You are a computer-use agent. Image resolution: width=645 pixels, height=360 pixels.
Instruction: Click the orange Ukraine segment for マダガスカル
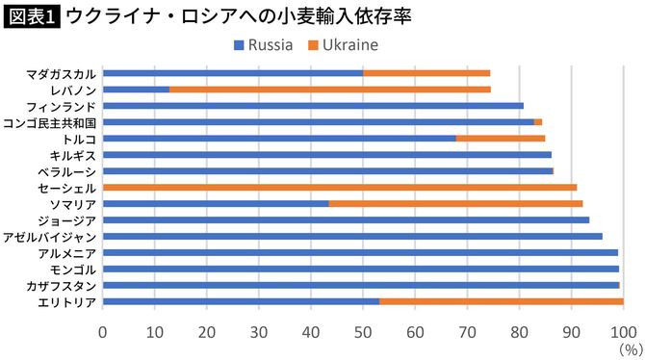point(426,72)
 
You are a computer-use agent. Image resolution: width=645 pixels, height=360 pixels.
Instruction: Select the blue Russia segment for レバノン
point(136,89)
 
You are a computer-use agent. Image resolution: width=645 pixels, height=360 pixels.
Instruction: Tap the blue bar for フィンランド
point(313,105)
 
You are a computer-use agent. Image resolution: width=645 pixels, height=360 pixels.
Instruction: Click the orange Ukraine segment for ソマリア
point(455,203)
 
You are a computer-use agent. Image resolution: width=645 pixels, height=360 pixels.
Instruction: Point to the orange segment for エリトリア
point(501,301)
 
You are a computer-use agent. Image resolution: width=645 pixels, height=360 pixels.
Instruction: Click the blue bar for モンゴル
point(361,269)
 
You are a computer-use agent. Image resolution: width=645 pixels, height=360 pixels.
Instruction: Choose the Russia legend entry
point(265,44)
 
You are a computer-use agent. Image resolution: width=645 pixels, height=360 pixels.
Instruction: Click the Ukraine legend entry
point(343,44)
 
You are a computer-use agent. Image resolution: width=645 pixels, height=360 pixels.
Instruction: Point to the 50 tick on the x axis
point(363,333)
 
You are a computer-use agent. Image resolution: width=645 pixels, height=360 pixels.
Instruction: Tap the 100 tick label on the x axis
point(623,333)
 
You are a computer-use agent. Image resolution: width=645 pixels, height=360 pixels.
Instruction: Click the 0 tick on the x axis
point(103,333)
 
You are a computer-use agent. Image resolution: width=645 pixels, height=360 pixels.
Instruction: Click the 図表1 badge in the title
point(32,17)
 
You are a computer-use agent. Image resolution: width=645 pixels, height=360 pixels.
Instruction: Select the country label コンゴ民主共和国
point(50,122)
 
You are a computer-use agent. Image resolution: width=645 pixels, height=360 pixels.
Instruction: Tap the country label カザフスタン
point(61,285)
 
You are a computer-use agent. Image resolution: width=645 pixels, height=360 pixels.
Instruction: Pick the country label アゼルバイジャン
point(50,236)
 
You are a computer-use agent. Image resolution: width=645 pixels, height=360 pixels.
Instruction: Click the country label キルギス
point(73,154)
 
